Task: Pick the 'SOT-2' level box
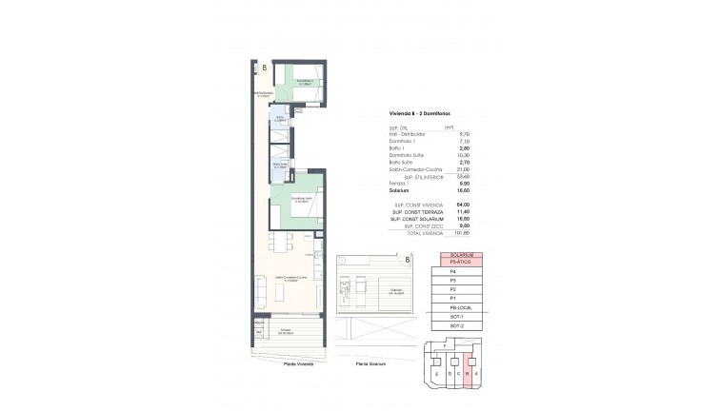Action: (461, 326)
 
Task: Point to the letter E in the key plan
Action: (437, 376)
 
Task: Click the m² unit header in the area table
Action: (475, 127)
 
